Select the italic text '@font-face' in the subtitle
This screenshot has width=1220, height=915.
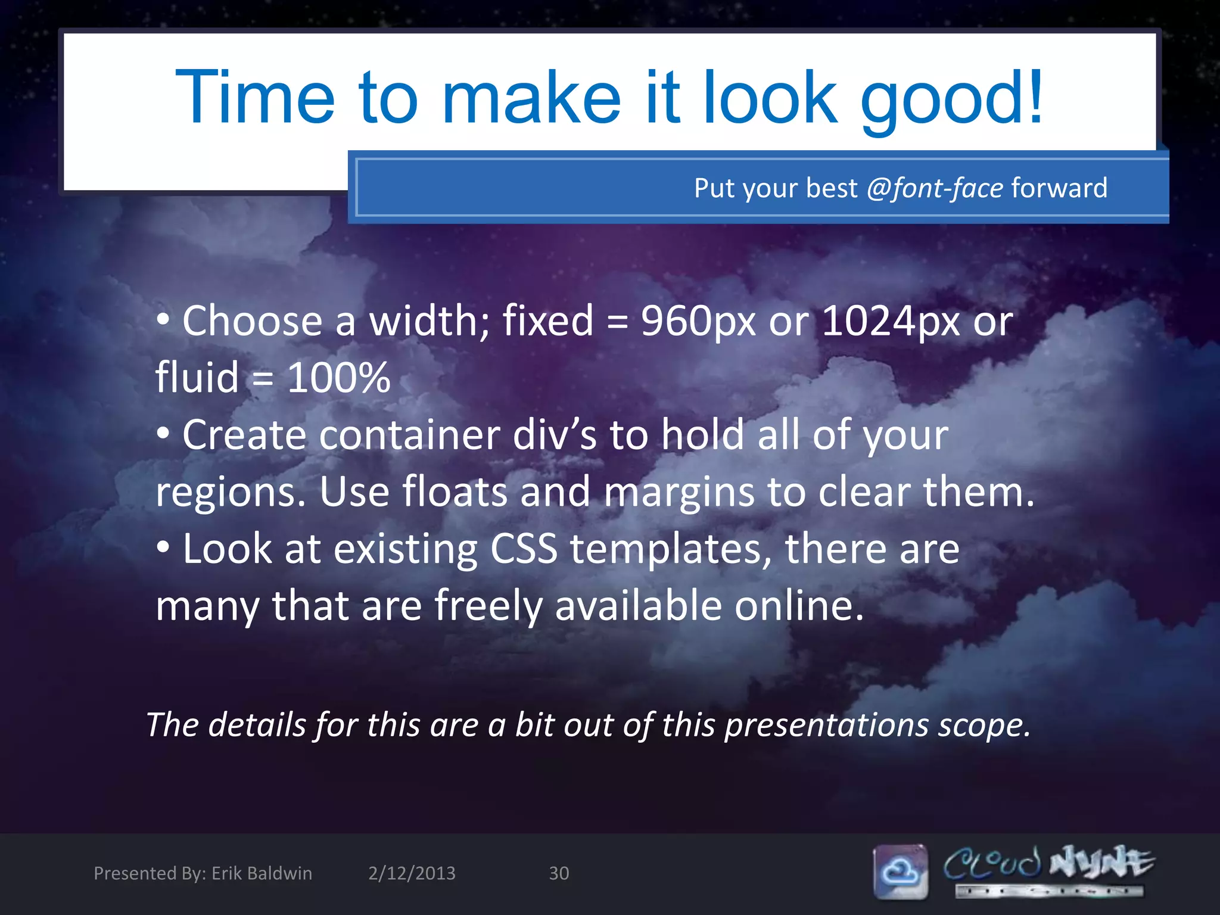(935, 188)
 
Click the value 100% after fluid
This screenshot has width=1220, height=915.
(338, 378)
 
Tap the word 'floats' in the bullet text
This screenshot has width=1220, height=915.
(455, 492)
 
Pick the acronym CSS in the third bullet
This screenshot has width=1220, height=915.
(524, 549)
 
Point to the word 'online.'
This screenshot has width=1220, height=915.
(799, 605)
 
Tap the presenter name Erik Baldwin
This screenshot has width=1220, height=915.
(262, 873)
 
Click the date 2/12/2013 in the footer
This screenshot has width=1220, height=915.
(412, 873)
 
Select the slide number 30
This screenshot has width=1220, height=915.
(559, 873)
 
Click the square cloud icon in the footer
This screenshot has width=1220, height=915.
(901, 872)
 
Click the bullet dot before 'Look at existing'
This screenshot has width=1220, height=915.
(163, 547)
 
